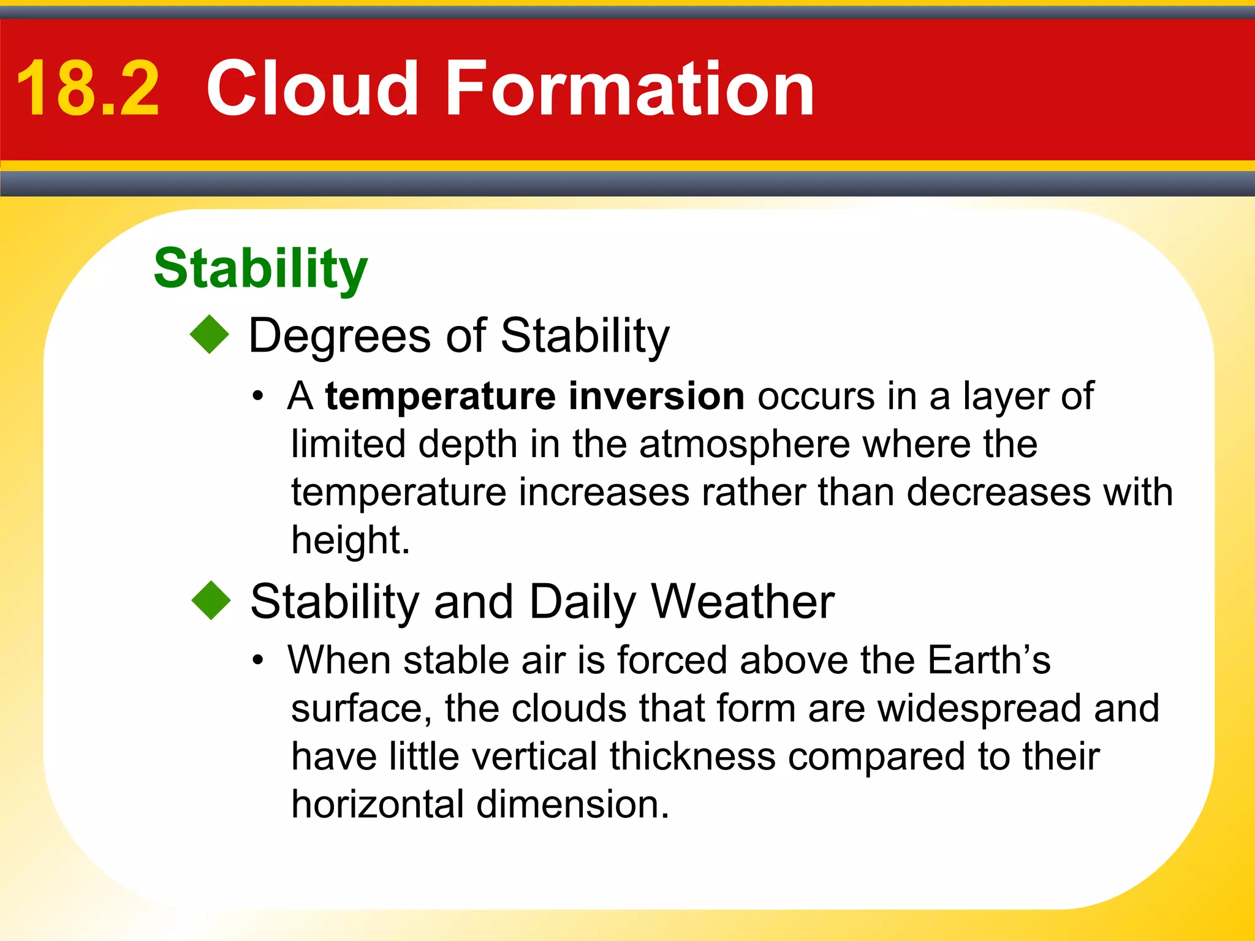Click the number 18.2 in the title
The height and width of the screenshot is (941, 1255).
click(88, 89)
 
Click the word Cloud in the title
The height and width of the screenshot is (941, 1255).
click(313, 89)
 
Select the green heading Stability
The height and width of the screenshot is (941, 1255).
click(260, 269)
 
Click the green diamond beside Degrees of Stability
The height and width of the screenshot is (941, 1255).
click(209, 334)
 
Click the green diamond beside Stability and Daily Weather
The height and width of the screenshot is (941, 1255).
click(211, 600)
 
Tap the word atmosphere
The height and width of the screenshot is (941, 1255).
click(745, 445)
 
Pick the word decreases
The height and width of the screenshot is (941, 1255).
click(999, 492)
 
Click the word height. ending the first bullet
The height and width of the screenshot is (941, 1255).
click(350, 541)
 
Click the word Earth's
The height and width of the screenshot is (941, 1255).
click(988, 660)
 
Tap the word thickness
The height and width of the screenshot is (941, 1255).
click(692, 757)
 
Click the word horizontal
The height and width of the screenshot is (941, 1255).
click(377, 804)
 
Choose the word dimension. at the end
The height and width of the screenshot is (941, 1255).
click(573, 804)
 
